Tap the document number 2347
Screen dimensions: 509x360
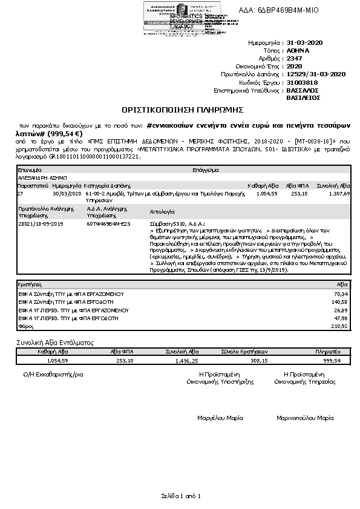coord(294,59)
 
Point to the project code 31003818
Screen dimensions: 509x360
coord(302,82)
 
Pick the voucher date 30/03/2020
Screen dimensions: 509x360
coord(67,194)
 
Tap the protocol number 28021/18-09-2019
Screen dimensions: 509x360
coord(41,223)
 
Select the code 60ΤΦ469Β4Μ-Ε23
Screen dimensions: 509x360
coord(108,223)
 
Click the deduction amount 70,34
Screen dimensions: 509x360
coord(340,293)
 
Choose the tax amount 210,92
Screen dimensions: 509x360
coord(339,326)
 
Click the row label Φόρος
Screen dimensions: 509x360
coord(25,326)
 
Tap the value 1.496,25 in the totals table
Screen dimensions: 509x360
coord(186,360)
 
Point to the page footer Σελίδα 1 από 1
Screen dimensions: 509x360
coord(180,496)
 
